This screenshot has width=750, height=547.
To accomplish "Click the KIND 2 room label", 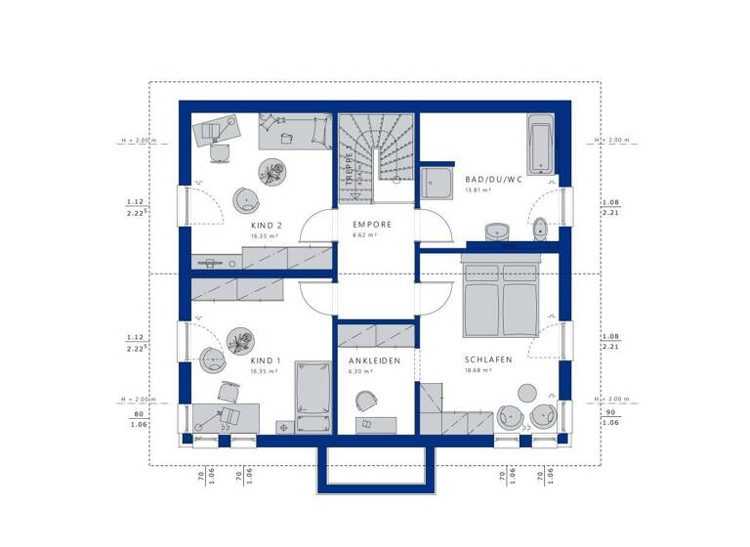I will coord(266,225).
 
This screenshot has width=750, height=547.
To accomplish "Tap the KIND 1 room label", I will coord(266,359).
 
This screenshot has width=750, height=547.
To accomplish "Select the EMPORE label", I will coord(372,225).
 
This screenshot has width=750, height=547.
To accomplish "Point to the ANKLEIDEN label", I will coord(375,360).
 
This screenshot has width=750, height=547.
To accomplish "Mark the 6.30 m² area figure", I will coord(362,371).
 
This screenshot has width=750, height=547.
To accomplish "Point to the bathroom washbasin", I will coord(497,231).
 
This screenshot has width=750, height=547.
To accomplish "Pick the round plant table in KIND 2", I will coord(271,171).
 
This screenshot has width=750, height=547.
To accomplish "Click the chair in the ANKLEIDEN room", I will coord(366,400).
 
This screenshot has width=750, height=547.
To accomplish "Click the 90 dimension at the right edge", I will coord(609,412).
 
